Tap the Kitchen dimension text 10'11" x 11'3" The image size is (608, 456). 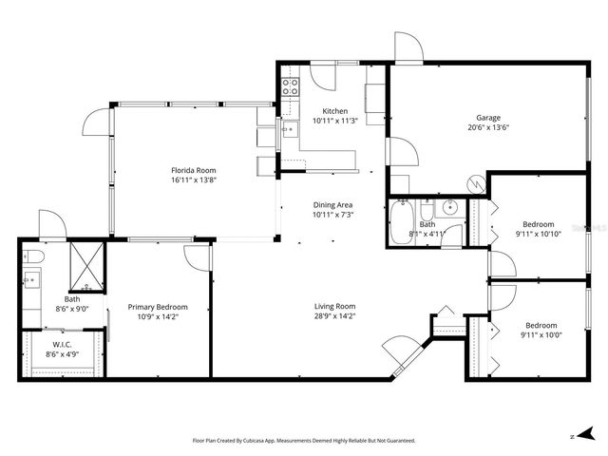click(334, 122)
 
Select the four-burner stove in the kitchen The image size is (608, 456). click(291, 88)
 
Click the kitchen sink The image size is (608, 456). click(286, 130)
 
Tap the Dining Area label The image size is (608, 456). click(333, 204)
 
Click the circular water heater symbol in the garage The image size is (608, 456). click(474, 181)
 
